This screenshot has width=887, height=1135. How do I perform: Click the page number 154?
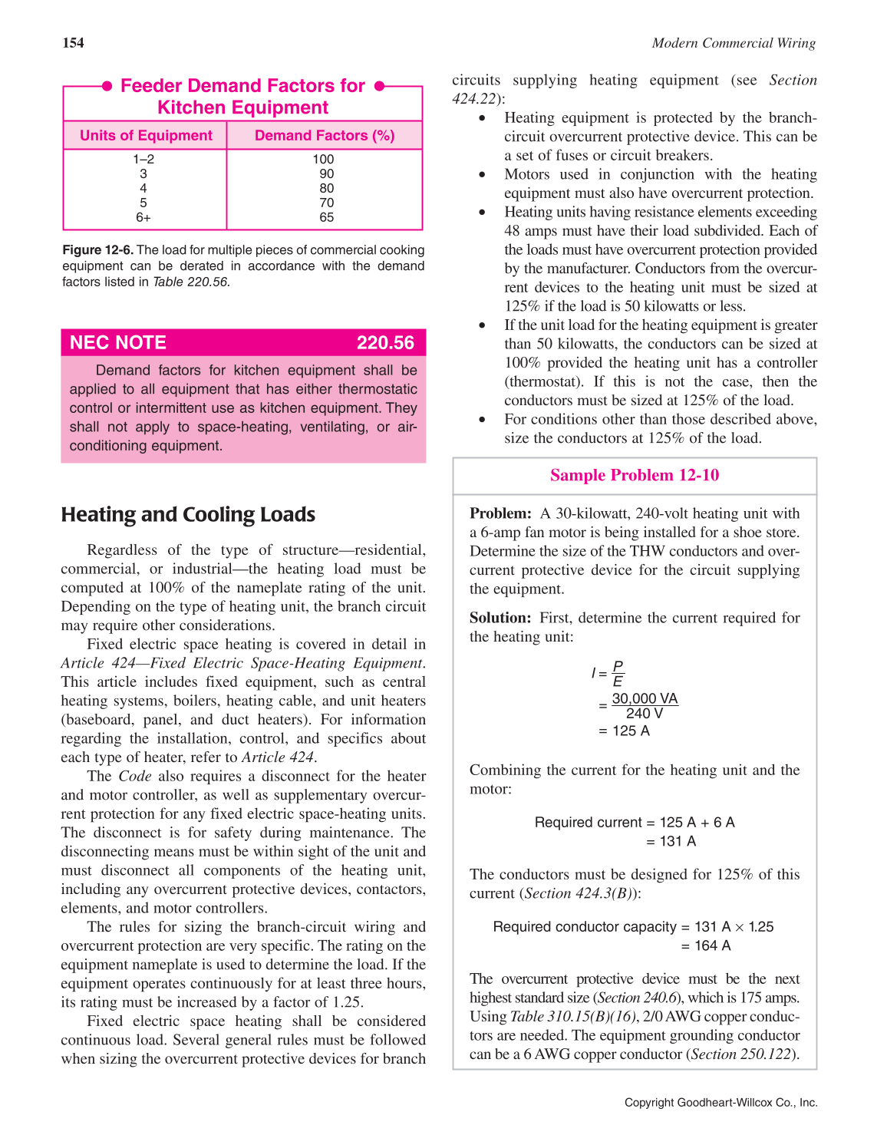(74, 43)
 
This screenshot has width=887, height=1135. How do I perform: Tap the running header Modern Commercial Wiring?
(734, 43)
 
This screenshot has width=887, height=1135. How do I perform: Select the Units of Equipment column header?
(146, 136)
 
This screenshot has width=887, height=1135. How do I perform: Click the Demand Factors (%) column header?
(325, 136)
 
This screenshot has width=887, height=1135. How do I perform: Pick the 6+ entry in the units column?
(143, 218)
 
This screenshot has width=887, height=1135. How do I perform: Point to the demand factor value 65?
(327, 218)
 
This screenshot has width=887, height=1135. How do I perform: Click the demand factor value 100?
(323, 160)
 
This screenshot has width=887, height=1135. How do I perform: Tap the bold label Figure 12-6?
(97, 250)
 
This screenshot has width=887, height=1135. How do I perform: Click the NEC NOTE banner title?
(118, 343)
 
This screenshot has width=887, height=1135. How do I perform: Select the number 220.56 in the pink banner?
(385, 343)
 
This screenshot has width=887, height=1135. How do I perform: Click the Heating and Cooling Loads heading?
(188, 514)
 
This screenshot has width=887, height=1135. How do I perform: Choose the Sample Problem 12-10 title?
(635, 475)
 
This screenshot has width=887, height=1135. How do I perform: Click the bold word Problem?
(500, 513)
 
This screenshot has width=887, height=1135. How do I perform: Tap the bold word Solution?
(500, 618)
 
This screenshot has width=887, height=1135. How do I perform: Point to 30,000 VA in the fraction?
(645, 698)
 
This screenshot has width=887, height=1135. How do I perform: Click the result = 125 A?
(624, 731)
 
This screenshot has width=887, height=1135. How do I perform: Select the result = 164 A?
(706, 946)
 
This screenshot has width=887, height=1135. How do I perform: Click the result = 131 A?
(671, 842)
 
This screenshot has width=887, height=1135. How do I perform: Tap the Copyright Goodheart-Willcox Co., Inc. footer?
(720, 1103)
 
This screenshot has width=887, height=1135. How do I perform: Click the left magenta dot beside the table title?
(107, 86)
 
